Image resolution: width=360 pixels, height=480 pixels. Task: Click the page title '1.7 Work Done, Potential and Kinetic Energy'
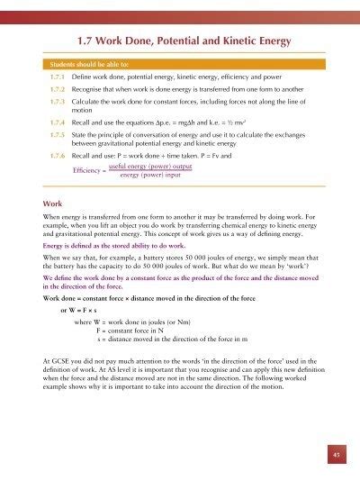click(180, 40)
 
